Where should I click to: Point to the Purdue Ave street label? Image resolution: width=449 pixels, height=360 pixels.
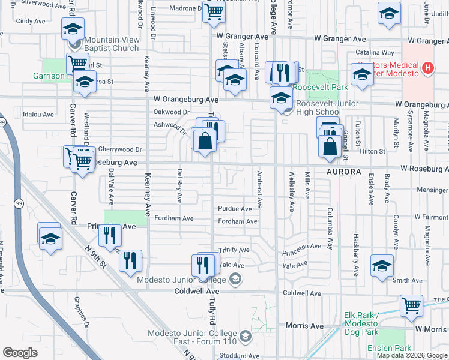pos(235,209)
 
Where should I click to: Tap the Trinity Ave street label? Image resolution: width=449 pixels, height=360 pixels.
pos(234,250)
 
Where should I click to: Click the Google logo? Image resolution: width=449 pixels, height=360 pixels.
pos(20,353)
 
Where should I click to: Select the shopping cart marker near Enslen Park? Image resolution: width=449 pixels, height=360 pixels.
pos(411,305)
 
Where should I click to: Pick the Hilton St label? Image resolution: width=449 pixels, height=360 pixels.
pos(372,152)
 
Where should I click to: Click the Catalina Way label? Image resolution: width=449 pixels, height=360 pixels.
pos(374,53)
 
